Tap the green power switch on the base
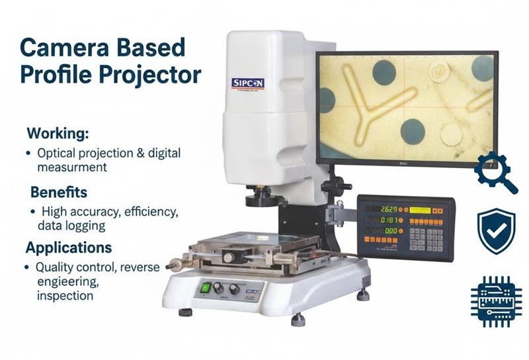coord(205,287)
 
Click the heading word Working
coord(57,133)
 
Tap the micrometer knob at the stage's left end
coord(174,265)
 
